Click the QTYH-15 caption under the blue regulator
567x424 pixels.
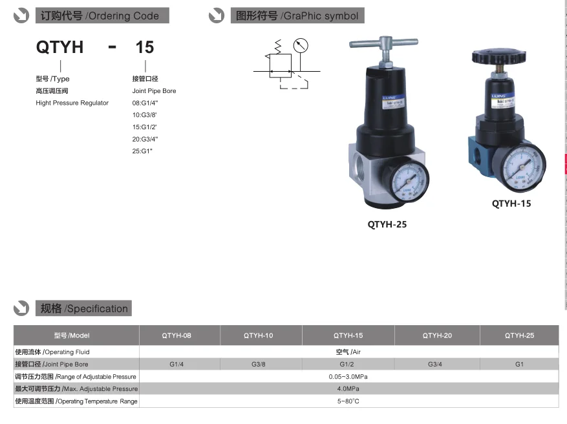tap(511, 203)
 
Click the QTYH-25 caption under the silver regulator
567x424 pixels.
tap(387, 225)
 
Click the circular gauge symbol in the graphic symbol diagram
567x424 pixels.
tap(300, 46)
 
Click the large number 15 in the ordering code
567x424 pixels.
tap(144, 48)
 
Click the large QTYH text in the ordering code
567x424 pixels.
tap(59, 48)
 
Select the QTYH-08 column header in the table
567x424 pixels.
tap(177, 335)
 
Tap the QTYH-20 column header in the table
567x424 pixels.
tap(437, 335)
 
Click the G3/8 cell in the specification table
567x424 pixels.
tap(258, 365)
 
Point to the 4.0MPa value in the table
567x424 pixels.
tap(348, 389)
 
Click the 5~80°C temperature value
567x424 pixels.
tap(348, 401)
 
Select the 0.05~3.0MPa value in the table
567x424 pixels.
tap(348, 377)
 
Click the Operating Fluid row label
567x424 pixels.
tap(52, 352)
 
